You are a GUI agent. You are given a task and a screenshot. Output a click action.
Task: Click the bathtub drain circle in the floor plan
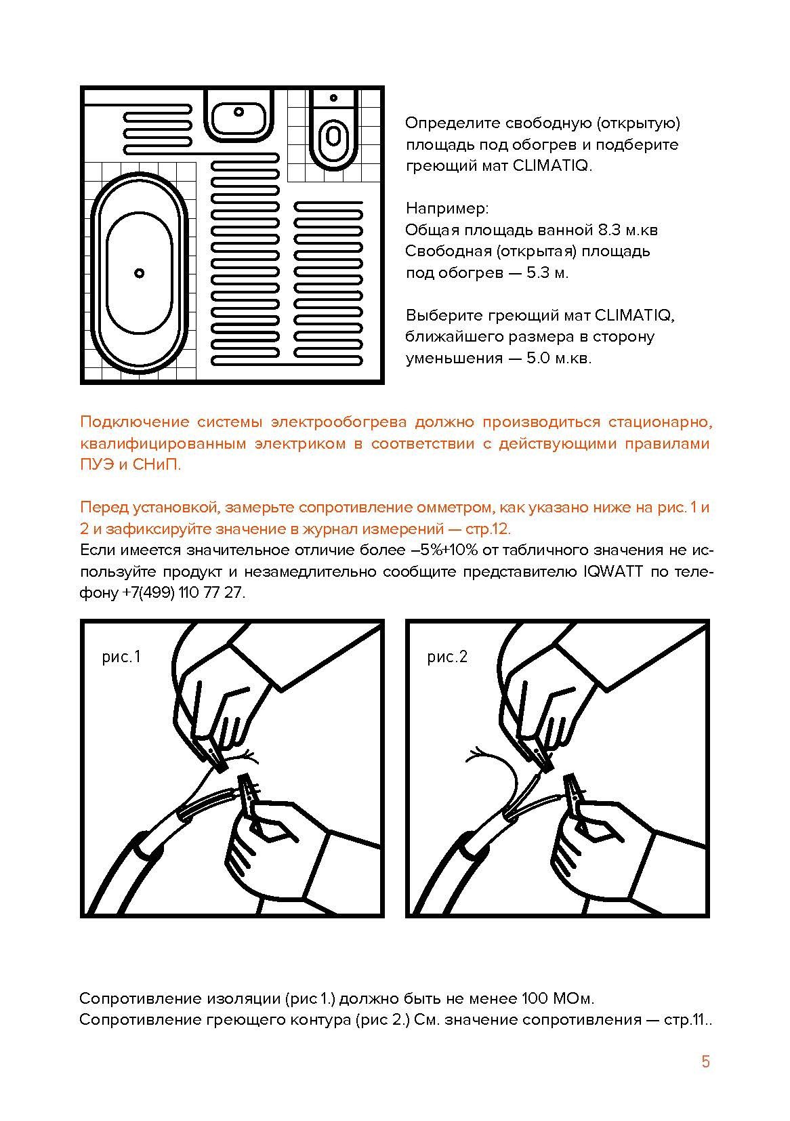(x=139, y=273)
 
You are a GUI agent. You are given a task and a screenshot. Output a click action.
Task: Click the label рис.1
(x=121, y=657)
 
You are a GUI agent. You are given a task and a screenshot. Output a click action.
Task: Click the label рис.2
(x=447, y=657)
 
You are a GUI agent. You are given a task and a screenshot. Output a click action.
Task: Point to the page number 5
(x=705, y=1062)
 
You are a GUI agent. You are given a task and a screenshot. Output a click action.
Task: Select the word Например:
(x=446, y=207)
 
